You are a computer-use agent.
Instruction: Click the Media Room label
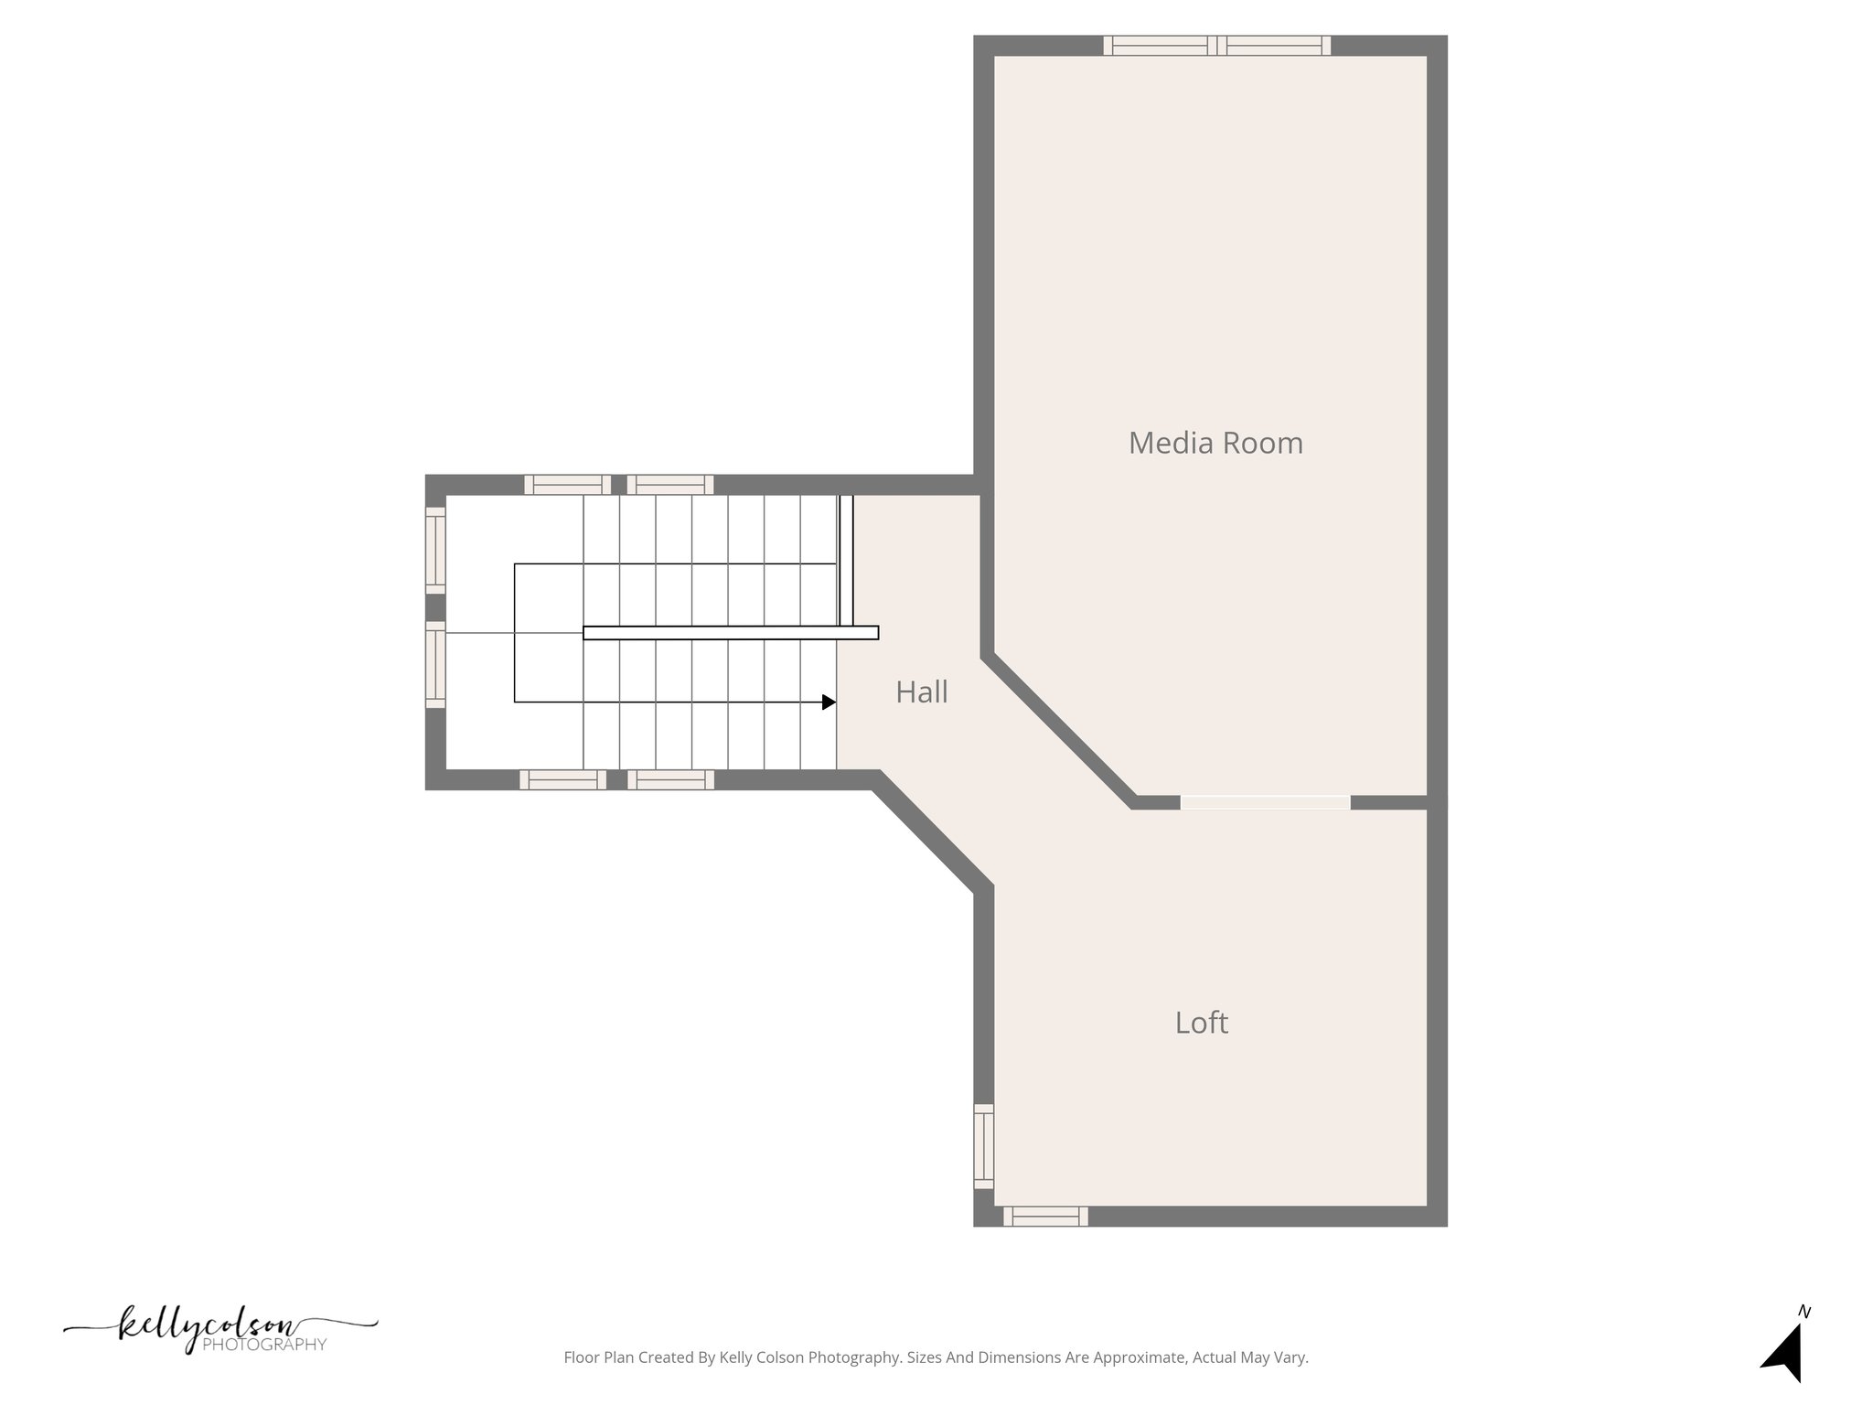point(1215,444)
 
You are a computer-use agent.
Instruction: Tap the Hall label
point(921,692)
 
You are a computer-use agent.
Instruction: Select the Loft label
point(1201,1023)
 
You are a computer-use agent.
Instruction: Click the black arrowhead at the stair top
point(829,702)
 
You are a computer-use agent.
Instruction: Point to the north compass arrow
point(1784,1355)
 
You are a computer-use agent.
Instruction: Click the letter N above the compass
point(1804,1312)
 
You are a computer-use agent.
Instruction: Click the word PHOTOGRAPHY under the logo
point(264,1345)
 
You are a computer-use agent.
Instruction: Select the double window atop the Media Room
point(1216,46)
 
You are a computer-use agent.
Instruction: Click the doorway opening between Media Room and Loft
point(1265,802)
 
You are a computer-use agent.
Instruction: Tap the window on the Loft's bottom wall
point(1045,1217)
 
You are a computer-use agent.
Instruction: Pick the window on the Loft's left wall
point(983,1146)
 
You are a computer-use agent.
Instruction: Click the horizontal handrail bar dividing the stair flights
point(731,632)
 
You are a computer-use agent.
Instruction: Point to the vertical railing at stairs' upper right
point(846,560)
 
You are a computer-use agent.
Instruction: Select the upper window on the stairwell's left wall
point(435,550)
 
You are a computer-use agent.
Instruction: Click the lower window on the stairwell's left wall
point(435,664)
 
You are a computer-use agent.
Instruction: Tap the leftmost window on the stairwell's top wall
point(567,485)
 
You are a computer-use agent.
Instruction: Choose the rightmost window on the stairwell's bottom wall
point(670,779)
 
